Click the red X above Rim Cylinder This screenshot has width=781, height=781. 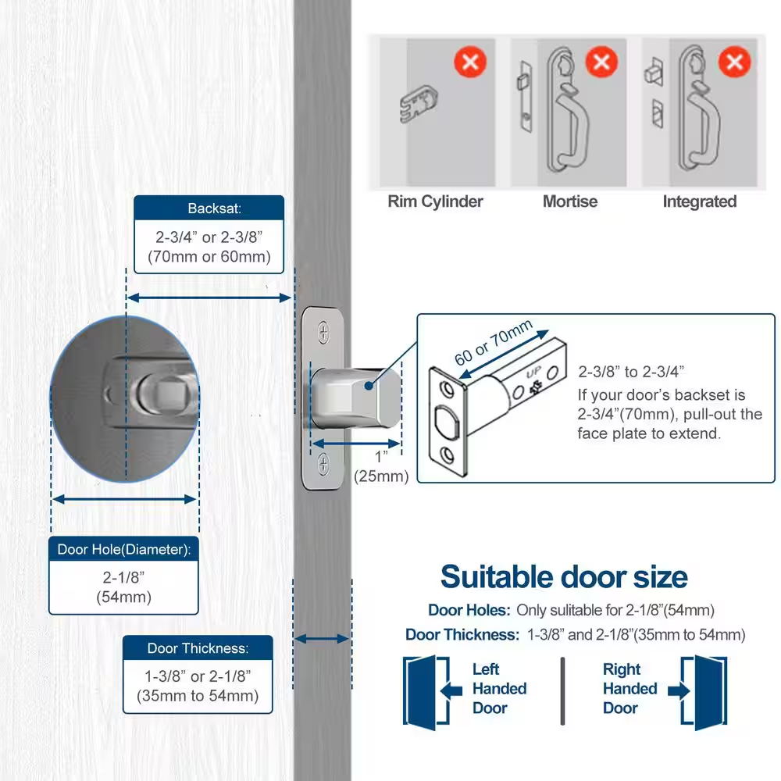point(470,62)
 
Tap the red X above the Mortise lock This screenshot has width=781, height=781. point(601,62)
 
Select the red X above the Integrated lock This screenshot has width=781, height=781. point(735,62)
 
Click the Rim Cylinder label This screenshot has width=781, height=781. point(435,201)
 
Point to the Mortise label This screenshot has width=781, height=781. point(570,201)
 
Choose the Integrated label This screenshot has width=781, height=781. point(699,201)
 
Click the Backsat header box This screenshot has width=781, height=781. point(209,208)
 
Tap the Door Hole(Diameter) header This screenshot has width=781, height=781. point(123,549)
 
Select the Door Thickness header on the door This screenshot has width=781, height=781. point(198,648)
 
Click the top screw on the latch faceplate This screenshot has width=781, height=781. point(324,332)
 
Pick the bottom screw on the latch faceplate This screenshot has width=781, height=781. point(324,464)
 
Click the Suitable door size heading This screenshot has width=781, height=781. point(564,577)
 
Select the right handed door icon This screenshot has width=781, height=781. point(698,692)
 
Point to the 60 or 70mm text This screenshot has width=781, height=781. point(493,342)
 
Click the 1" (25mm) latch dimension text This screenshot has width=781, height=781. point(381,467)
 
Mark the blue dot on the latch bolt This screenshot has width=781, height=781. point(369,386)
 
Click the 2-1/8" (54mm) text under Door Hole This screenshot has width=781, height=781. point(123,587)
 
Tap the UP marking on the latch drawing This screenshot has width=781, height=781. point(533,372)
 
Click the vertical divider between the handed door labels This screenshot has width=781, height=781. point(563,691)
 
